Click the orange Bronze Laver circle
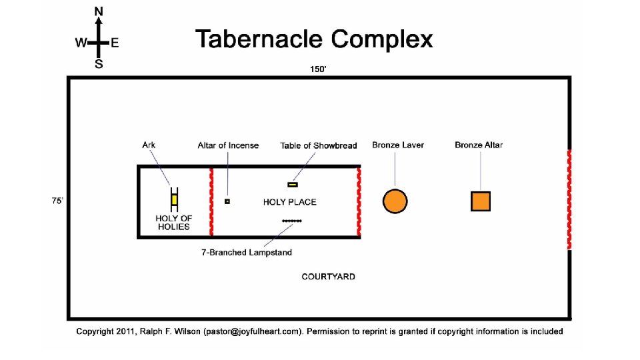point(395,201)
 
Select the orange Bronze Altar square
point(481,201)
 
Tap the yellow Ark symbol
point(175,199)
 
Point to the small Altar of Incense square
point(227,201)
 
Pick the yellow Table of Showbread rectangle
point(293,185)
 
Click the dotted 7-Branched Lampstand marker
point(292,221)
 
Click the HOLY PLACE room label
point(290,202)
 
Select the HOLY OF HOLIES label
point(174,223)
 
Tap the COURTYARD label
point(328,277)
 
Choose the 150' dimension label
point(318,69)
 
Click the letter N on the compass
point(99,11)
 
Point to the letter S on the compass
point(99,65)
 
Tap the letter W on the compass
point(81,43)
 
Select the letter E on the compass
point(115,43)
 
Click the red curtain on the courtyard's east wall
point(569,200)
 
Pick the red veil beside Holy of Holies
point(211,201)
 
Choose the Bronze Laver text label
point(398,145)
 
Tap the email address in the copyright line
point(254,331)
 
